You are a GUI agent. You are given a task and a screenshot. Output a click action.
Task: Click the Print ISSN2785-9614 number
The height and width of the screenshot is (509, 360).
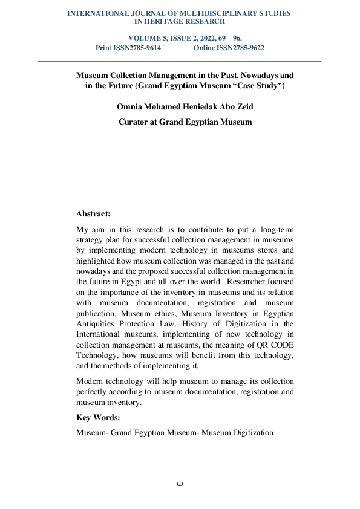128,48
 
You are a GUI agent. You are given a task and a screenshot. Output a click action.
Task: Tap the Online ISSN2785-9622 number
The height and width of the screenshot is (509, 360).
229,48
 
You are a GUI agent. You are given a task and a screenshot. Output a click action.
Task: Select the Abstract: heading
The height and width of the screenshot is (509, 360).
93,213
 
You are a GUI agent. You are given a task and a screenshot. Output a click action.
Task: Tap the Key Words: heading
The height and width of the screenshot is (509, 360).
98,418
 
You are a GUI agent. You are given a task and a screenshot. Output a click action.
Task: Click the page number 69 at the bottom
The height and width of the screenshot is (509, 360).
180,484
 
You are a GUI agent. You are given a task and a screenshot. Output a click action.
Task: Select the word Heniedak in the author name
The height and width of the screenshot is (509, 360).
205,107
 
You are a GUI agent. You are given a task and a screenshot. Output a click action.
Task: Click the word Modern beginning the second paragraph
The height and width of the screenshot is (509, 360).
90,381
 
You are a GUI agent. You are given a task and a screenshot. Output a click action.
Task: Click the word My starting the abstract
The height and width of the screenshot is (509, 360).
82,230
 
